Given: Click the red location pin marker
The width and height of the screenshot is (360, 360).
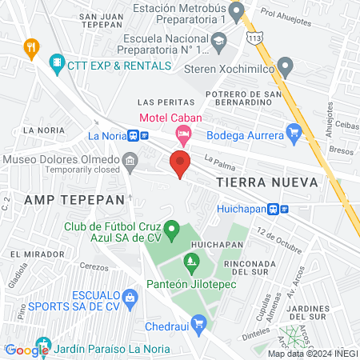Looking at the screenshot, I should (x=180, y=164).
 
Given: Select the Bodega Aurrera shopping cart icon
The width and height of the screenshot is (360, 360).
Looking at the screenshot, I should (x=294, y=133).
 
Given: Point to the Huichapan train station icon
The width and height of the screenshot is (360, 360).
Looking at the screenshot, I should (x=274, y=210).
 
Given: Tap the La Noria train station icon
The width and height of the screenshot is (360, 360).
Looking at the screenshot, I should (x=132, y=134).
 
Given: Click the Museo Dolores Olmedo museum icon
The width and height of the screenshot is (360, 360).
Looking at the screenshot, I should (x=130, y=164).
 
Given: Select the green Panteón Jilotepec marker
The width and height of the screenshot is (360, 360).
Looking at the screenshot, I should (x=190, y=261).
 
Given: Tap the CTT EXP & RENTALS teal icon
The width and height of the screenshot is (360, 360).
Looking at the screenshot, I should (x=56, y=62).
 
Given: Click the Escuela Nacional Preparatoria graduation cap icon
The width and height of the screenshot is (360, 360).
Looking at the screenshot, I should (x=218, y=40).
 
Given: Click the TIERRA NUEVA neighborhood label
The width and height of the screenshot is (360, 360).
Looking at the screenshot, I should (x=267, y=183).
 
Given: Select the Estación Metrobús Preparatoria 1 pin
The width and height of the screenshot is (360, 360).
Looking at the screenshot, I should (x=235, y=11).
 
